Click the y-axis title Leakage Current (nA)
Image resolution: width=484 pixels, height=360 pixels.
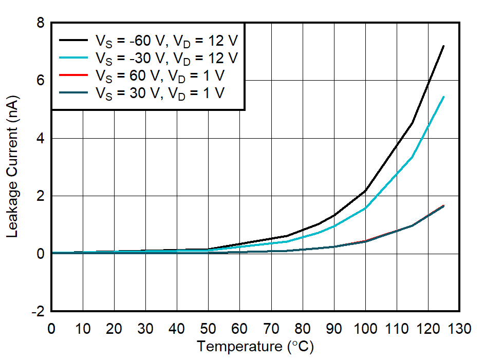click(x=13, y=167)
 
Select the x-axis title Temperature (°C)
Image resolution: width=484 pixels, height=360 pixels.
click(x=255, y=347)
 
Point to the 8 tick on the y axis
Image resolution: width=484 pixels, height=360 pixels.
click(x=40, y=23)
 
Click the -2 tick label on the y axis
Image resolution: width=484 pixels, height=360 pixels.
click(x=38, y=312)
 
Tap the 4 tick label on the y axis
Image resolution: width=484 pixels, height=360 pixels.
click(x=40, y=139)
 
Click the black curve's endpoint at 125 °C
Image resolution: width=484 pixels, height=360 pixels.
click(x=443, y=46)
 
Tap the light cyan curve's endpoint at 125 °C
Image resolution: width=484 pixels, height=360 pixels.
click(x=443, y=97)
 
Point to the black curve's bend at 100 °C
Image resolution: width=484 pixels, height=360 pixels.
click(x=365, y=191)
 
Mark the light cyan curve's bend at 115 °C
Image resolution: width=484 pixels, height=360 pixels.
click(x=412, y=157)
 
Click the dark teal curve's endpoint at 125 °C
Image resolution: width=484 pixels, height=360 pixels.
click(x=443, y=206)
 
